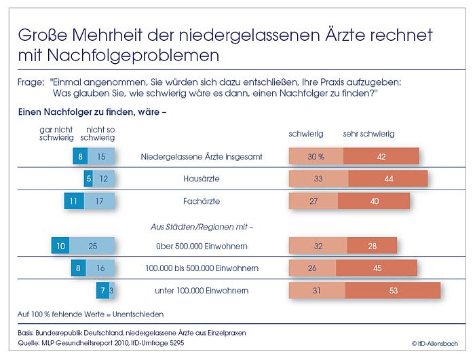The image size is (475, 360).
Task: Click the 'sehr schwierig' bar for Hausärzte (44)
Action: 388,179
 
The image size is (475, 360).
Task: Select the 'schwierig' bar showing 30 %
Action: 316,156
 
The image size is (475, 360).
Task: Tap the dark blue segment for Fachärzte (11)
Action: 73,201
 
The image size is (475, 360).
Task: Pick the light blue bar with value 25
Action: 92,245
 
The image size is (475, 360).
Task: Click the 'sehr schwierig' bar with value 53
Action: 393,290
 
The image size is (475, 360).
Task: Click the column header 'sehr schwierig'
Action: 369,134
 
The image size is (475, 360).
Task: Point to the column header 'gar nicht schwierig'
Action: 56,133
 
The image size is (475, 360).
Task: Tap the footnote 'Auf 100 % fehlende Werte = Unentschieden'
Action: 90,314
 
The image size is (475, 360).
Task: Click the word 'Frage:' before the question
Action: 31,82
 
